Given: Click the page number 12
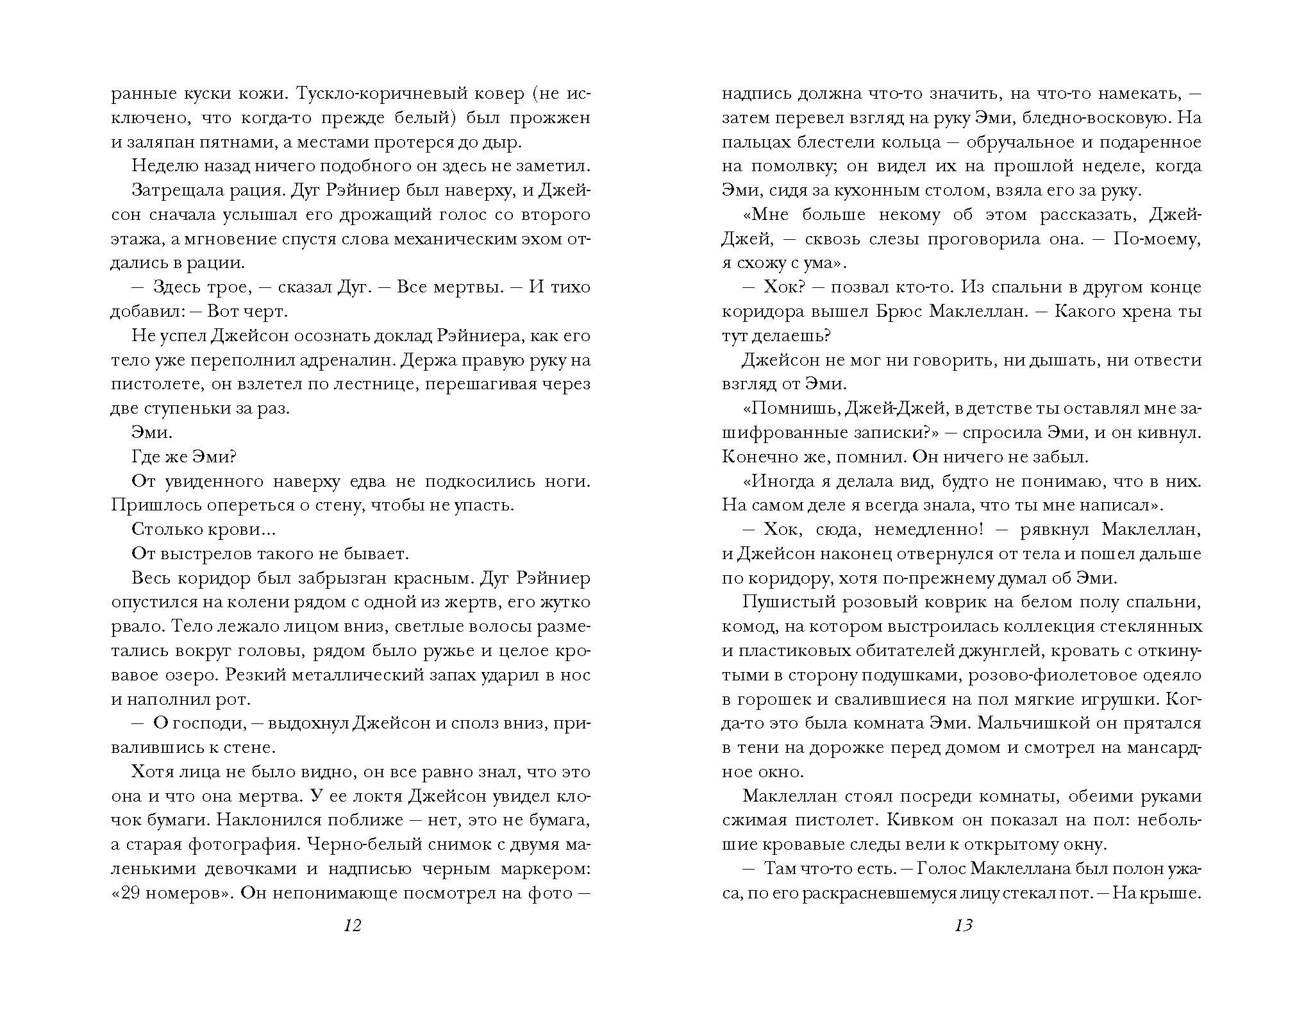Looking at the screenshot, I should tap(353, 925).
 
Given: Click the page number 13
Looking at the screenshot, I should tap(964, 925).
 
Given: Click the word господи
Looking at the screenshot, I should tap(208, 723).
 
